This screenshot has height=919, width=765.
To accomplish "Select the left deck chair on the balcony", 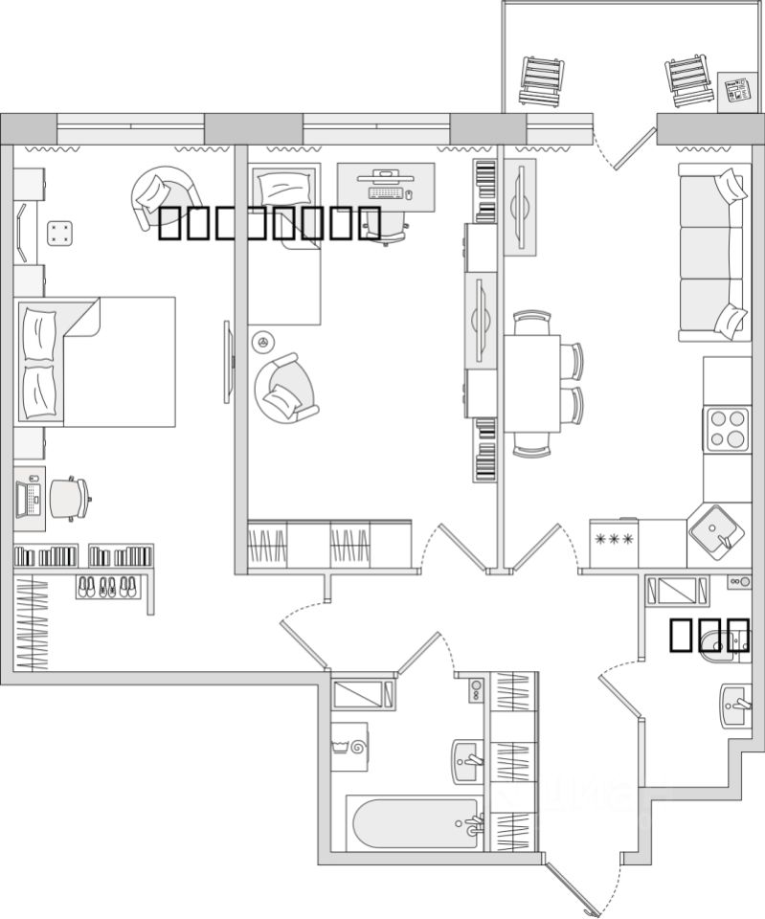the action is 543,81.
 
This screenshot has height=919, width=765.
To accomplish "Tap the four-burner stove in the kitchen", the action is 727,428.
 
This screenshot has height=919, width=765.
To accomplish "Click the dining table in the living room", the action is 531,383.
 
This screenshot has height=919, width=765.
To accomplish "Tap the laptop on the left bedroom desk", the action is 29,498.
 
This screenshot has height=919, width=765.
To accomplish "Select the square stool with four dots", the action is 60,232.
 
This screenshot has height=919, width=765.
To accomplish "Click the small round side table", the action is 262,341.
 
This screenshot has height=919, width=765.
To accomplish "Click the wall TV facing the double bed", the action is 228,362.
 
